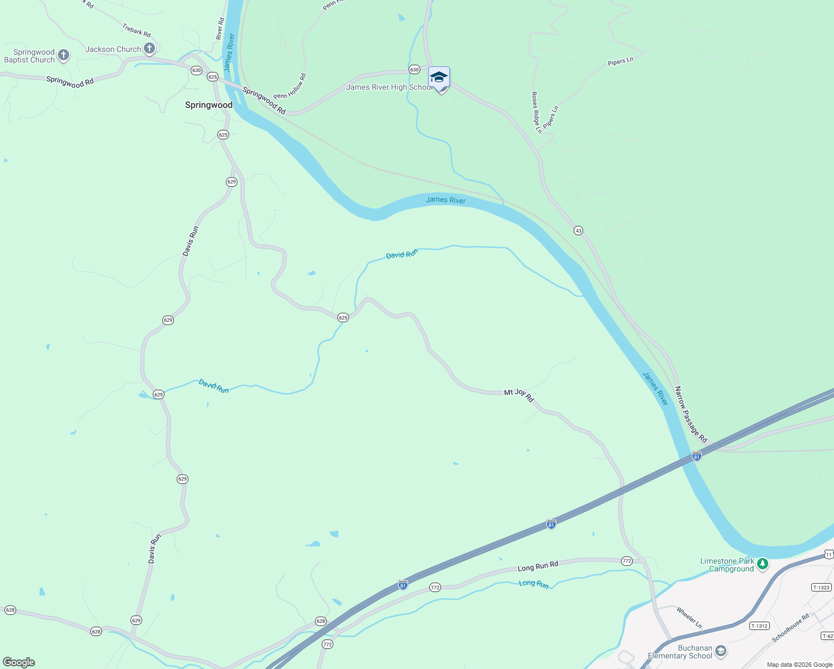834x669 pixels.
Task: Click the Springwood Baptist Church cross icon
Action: click(x=64, y=55)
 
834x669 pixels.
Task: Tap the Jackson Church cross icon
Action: click(x=149, y=49)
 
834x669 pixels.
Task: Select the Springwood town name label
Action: click(x=208, y=105)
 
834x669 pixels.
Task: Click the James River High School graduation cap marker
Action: click(x=439, y=77)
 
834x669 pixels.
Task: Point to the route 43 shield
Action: click(x=578, y=230)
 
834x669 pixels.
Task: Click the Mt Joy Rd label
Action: click(x=519, y=395)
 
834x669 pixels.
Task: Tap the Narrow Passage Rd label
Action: click(x=691, y=414)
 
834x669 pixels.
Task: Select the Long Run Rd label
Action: click(x=537, y=566)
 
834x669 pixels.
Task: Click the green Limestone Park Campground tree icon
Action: click(x=763, y=564)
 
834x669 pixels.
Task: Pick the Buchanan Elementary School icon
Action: click(x=721, y=651)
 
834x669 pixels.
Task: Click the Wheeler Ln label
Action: click(x=689, y=618)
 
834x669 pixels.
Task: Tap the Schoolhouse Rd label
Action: click(x=790, y=628)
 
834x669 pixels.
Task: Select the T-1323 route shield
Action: click(x=821, y=587)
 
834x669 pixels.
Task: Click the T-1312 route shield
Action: click(x=759, y=626)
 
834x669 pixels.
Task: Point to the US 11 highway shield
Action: click(x=828, y=554)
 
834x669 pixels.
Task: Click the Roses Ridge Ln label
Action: click(x=536, y=113)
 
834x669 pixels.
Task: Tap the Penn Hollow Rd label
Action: click(x=290, y=87)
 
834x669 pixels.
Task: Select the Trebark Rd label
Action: click(x=137, y=30)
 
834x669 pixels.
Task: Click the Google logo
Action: click(x=19, y=662)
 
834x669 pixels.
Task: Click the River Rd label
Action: click(x=220, y=28)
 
